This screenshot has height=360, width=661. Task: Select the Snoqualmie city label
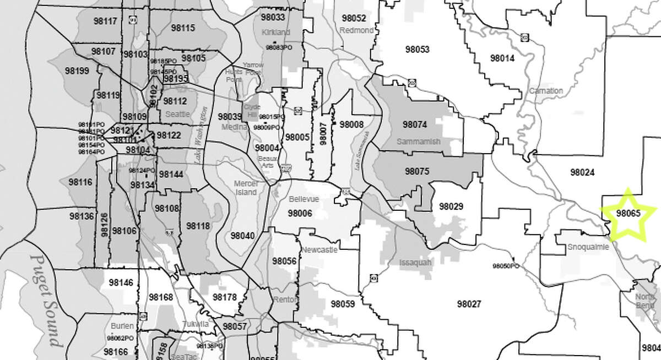point(588,248)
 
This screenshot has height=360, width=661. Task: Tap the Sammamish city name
point(419,141)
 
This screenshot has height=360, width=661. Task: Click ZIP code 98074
point(415,124)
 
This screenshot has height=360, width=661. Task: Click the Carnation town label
point(545,90)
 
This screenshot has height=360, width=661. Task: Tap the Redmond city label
point(356,30)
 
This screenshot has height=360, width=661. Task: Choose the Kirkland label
point(276,32)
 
